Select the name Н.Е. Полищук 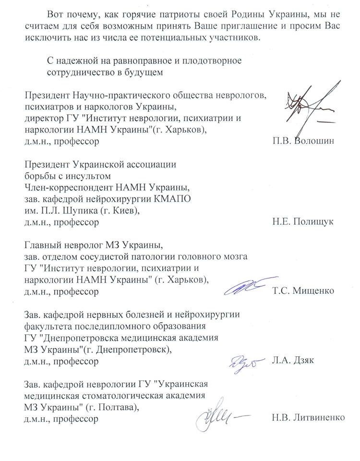[302, 222]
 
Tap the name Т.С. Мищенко [303, 291]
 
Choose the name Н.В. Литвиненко [308, 418]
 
